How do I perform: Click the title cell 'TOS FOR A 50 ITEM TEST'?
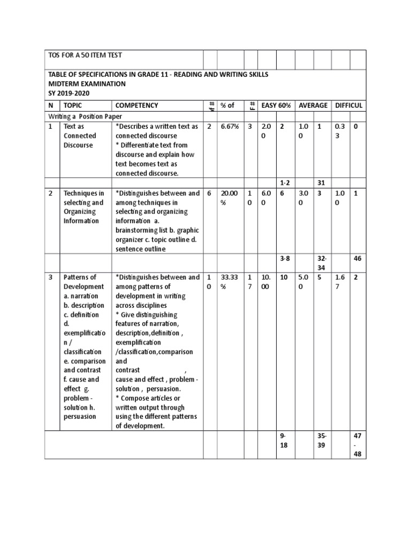pyautogui.click(x=86, y=56)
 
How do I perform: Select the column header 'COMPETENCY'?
pyautogui.click(x=137, y=105)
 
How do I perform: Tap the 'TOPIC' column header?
pyautogui.click(x=73, y=105)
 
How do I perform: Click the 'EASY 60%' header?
pyautogui.click(x=276, y=105)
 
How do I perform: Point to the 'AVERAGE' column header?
pyautogui.click(x=313, y=105)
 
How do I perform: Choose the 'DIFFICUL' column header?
pyautogui.click(x=349, y=105)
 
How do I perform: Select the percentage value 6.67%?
pyautogui.click(x=229, y=127)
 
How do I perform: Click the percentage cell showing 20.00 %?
pyautogui.click(x=229, y=198)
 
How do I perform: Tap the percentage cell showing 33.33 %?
pyautogui.click(x=229, y=282)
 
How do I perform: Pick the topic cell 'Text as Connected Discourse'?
pyautogui.click(x=78, y=136)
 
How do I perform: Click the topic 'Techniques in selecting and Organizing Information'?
pyautogui.click(x=83, y=207)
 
